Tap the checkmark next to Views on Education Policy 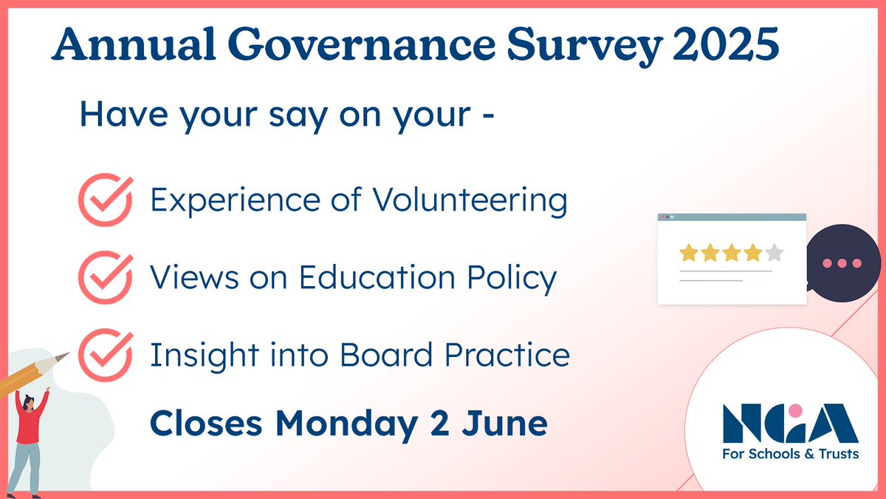coord(105,276)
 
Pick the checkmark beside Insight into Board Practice coord(105,353)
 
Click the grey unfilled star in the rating coord(774,254)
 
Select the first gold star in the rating coord(688,254)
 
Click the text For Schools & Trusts coord(790,453)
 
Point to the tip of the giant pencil coord(64,356)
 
